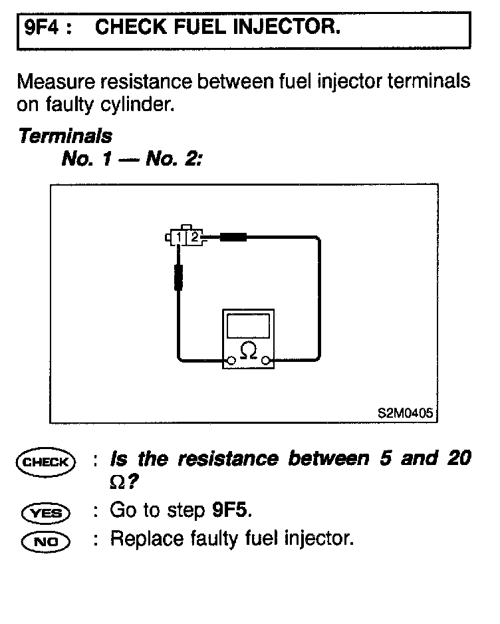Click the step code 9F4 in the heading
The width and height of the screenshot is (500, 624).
tap(40, 27)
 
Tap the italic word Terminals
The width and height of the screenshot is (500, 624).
tap(65, 136)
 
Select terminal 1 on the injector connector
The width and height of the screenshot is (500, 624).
tap(180, 236)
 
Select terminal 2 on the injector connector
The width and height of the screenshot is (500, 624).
tap(194, 236)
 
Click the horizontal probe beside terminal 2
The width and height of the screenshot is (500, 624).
tap(233, 236)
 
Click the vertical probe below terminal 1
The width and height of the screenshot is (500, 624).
tap(178, 277)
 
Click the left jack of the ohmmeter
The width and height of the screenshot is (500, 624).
tap(231, 361)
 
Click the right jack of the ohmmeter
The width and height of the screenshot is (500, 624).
tap(265, 361)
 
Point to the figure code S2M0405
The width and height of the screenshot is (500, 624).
tap(406, 412)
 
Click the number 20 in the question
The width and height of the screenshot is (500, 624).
tap(458, 458)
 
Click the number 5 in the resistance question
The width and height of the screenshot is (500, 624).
tap(385, 458)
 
